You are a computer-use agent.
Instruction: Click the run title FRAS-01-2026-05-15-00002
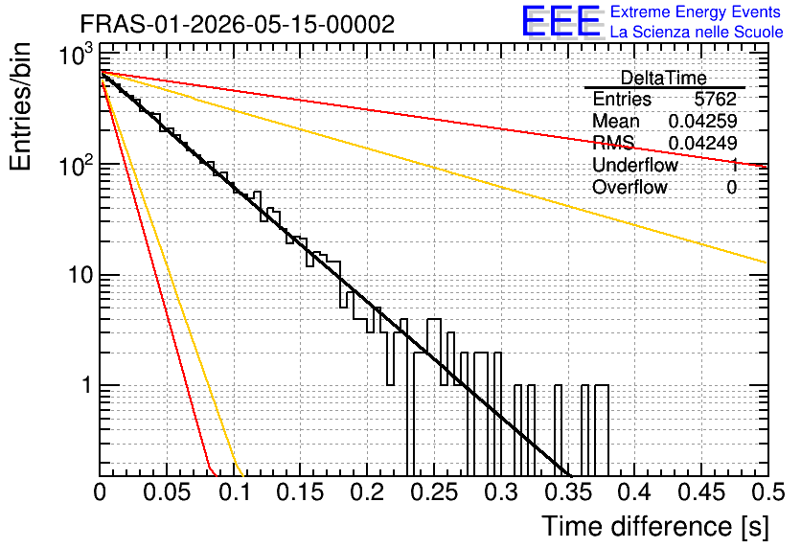click(x=238, y=24)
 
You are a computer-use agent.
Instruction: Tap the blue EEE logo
click(x=561, y=21)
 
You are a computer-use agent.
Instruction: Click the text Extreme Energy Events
click(x=696, y=11)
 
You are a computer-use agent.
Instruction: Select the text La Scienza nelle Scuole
click(x=697, y=32)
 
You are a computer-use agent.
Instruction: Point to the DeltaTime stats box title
click(x=664, y=78)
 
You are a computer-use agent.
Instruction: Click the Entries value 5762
click(x=715, y=99)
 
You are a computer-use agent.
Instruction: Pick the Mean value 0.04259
click(x=702, y=121)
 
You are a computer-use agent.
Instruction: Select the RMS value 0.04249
click(x=702, y=143)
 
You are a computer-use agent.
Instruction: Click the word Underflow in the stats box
click(x=635, y=165)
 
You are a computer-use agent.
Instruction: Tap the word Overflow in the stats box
click(x=629, y=187)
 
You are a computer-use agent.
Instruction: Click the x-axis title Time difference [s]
click(x=655, y=526)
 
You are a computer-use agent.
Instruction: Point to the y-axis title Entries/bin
click(x=20, y=106)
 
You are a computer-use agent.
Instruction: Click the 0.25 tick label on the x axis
click(x=435, y=492)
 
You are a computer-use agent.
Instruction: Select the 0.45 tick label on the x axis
click(x=702, y=492)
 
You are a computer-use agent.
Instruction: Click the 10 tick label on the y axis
click(x=80, y=275)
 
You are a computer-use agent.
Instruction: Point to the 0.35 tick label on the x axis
click(x=568, y=492)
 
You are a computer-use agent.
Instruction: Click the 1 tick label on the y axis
click(x=87, y=385)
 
